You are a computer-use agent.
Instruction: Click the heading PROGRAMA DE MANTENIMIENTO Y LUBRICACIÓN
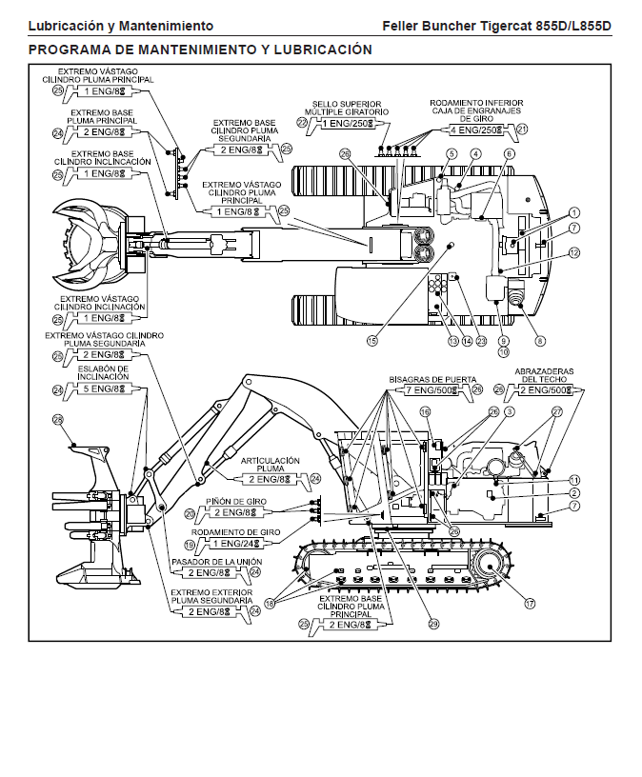(x=200, y=49)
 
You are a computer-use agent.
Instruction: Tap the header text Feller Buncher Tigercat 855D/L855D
(x=495, y=26)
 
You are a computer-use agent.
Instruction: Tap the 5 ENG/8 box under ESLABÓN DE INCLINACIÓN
(x=104, y=389)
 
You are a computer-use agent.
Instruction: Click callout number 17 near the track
(x=530, y=602)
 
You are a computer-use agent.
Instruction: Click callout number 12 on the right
(x=574, y=252)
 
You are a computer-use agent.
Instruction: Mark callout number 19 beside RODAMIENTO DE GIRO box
(x=190, y=545)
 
